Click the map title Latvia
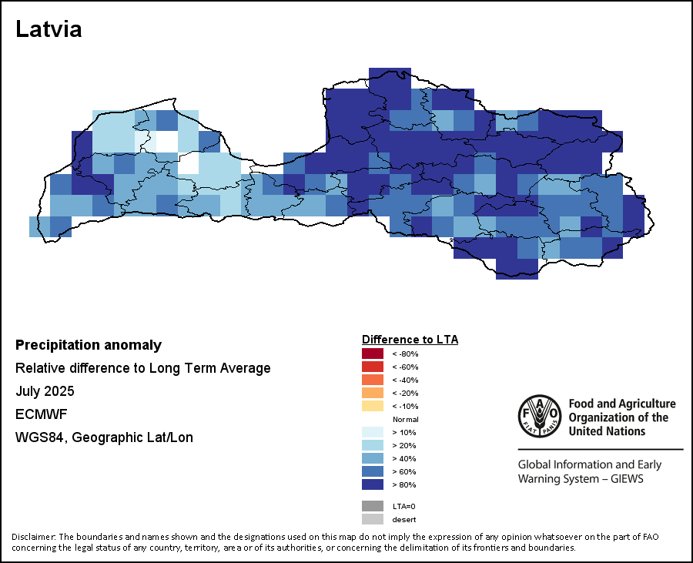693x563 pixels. coord(49,29)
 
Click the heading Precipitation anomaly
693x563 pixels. coord(89,345)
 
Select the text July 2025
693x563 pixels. coord(45,391)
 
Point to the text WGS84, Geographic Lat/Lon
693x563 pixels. coord(104,437)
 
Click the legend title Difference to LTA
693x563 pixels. coord(410,340)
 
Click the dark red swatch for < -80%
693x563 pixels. coord(372,354)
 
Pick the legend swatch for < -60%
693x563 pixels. coord(372,367)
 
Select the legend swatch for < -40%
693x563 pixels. coord(372,380)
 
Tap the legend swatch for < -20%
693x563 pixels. coord(372,393)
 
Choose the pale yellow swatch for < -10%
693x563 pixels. coord(372,406)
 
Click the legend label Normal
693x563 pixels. coord(405,419)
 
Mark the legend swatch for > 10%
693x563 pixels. coord(372,432)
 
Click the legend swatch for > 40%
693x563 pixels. coord(372,458)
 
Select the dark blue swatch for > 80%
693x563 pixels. coord(372,484)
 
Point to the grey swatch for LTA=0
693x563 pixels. coord(372,506)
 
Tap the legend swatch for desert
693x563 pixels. coord(372,519)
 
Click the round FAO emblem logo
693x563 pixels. coord(539,417)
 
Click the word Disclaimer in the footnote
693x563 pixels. coord(33,537)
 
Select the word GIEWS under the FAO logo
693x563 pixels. coord(624,479)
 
